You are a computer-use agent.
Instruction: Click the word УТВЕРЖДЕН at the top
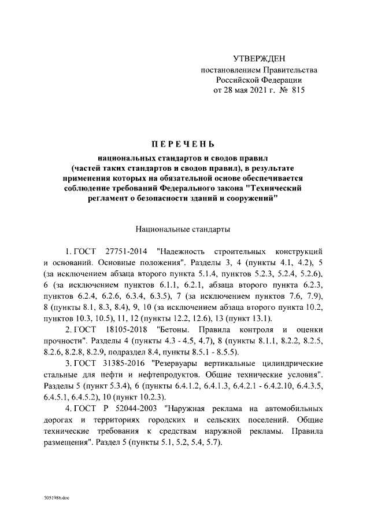tap(258, 59)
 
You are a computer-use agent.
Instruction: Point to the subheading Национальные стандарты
tap(182, 229)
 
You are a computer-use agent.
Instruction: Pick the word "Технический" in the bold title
tap(285, 188)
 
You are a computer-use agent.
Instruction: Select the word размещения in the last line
tap(64, 442)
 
